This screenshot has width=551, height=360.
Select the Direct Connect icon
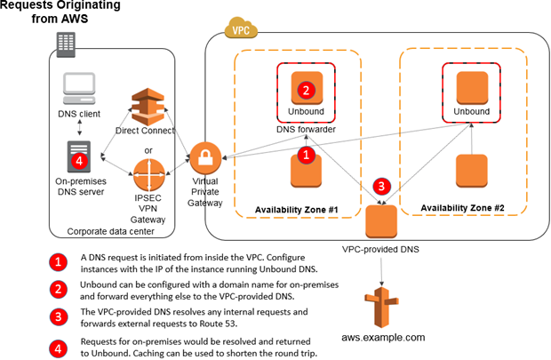[x=145, y=107]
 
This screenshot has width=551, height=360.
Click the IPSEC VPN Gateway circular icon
[x=145, y=170]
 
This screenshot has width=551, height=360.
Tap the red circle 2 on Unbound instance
[x=306, y=90]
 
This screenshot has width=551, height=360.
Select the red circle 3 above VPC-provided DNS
[x=380, y=187]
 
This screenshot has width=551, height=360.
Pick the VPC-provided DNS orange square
[x=382, y=220]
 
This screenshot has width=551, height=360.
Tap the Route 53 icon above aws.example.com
[x=382, y=308]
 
